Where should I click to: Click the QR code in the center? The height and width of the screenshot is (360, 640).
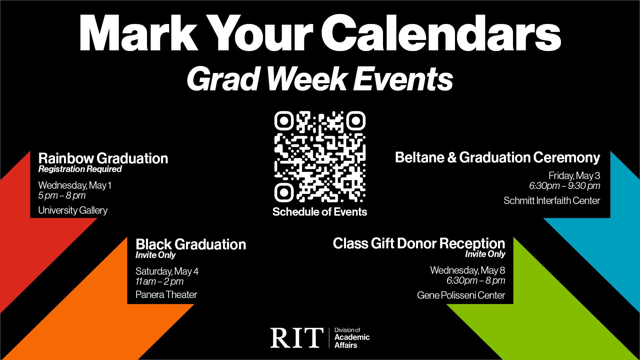pos(320,157)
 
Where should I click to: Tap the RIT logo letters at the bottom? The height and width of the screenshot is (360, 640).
pos(297,338)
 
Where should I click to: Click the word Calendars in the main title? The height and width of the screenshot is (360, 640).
pos(441,33)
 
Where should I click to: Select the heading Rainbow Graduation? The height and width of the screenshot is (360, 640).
pos(103,158)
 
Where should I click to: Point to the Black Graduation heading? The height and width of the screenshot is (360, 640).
pos(191,244)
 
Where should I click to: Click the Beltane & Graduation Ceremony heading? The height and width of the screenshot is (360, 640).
pos(497,158)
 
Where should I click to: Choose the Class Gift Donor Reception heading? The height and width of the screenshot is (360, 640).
pos(419,244)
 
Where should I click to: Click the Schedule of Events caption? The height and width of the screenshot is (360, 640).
pos(320,212)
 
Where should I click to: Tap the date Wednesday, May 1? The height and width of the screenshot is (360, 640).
pos(75,185)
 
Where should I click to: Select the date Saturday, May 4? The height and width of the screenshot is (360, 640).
pos(167,271)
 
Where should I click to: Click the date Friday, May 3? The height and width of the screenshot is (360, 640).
pos(574,176)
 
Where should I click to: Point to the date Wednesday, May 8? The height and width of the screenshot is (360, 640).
pos(468,270)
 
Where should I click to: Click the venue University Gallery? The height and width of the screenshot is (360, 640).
pos(73,211)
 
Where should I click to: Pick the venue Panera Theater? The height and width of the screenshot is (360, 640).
pos(166,295)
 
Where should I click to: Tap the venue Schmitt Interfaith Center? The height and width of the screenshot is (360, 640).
pos(552,201)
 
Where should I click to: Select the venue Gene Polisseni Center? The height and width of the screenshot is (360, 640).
pos(461,295)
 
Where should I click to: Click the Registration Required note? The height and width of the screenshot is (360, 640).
pos(80,169)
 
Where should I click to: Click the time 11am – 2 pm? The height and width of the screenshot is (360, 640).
pos(159,282)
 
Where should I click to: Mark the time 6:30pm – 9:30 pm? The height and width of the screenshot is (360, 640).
pos(565,186)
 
